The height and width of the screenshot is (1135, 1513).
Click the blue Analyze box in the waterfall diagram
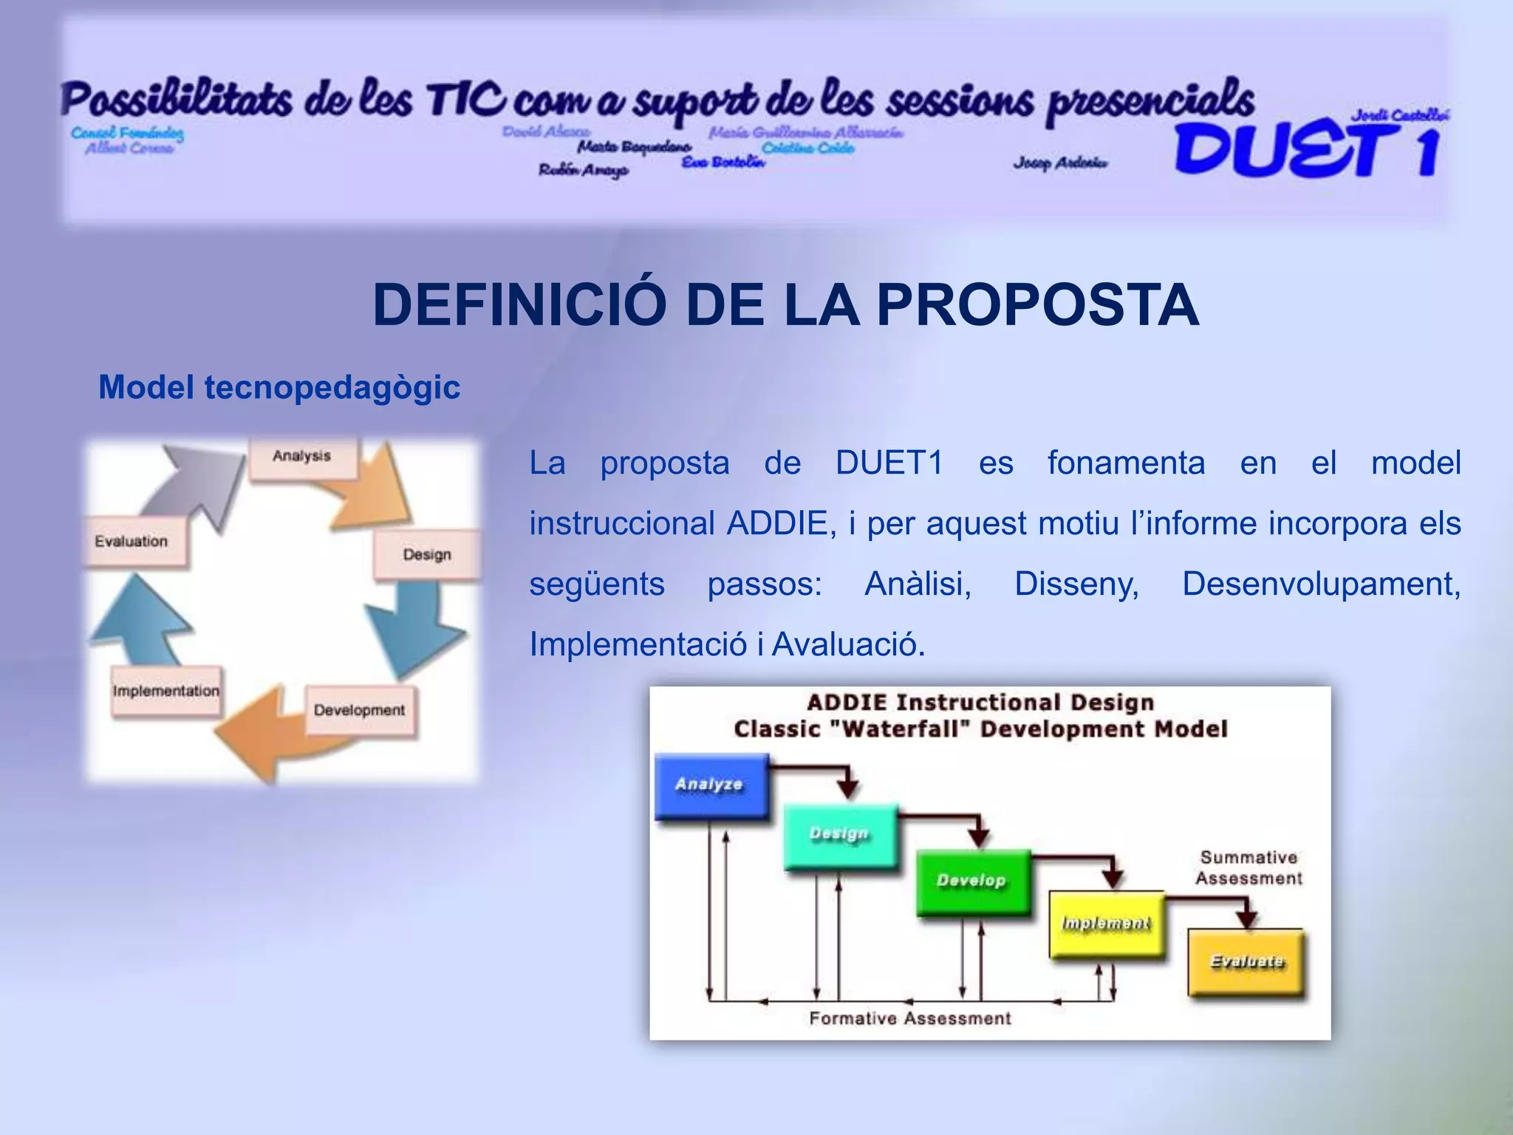point(711,785)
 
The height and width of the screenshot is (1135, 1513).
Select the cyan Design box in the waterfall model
point(840,835)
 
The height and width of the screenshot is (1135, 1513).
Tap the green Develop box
point(972,882)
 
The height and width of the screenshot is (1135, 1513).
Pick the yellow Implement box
point(1105,924)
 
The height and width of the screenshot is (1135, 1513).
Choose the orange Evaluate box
point(1246,961)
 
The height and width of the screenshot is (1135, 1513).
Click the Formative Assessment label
point(909,1019)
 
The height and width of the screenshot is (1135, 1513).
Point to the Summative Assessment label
point(1249,868)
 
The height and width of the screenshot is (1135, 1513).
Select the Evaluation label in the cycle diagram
point(132,542)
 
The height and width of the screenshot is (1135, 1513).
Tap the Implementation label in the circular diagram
point(166,692)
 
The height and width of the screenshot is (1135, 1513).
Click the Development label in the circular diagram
point(360,711)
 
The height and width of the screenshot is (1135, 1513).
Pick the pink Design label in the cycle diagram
point(427,555)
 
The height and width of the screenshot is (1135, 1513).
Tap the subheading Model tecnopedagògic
point(279,387)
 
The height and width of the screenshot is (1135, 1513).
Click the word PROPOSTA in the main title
point(1037,305)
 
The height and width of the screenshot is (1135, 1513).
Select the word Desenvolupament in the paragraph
point(1321,584)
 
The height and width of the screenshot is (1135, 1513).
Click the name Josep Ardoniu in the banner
point(1060,163)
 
